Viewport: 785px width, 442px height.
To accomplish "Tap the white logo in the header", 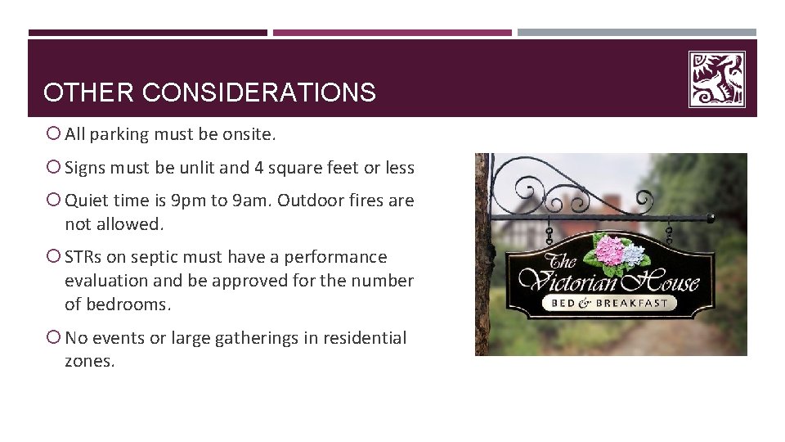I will point(716,79).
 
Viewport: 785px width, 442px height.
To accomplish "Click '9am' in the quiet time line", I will point(251,201).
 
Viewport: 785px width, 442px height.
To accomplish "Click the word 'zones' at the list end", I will point(87,361).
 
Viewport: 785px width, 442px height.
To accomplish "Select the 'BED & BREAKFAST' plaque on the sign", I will point(611,303).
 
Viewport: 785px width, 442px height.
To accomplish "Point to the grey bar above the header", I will point(636,33).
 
